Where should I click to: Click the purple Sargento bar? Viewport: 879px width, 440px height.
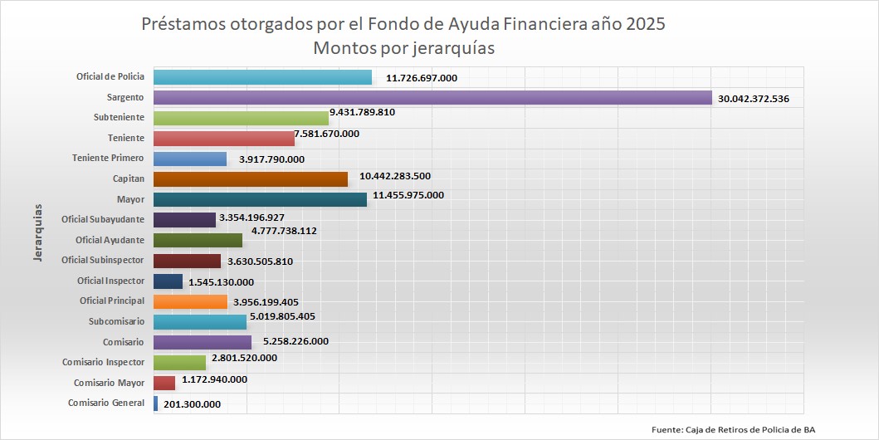[x=432, y=98]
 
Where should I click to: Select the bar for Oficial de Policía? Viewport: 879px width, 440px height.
[x=262, y=77]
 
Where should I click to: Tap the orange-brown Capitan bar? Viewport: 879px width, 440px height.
[x=251, y=179]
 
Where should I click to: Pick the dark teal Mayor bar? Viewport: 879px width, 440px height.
[x=260, y=199]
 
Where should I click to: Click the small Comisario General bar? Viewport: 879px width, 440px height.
[x=156, y=403]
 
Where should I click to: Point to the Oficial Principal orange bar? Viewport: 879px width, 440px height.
[x=191, y=301]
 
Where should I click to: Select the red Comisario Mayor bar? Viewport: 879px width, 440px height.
[x=164, y=383]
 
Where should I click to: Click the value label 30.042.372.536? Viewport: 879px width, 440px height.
[x=764, y=99]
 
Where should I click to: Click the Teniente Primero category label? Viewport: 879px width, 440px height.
[x=108, y=158]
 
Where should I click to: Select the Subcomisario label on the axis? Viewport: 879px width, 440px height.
[x=116, y=321]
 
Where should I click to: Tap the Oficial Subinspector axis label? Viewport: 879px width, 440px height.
[x=103, y=261]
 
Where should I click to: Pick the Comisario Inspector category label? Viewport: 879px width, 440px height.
[x=103, y=362]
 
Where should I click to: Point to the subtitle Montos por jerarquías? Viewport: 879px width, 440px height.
[x=403, y=48]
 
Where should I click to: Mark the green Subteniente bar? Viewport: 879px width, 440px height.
[x=241, y=118]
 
